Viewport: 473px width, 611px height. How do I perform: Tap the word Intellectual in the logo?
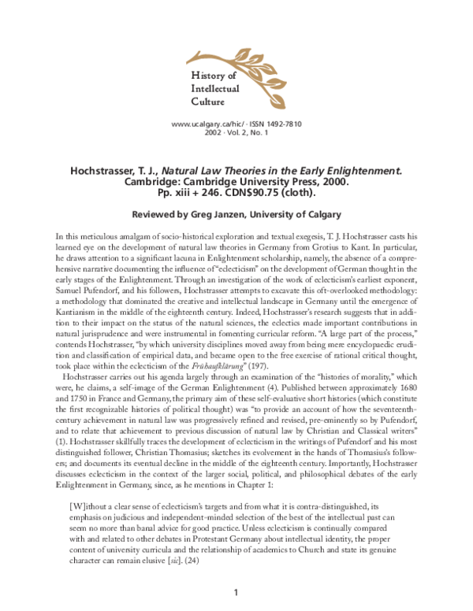218,88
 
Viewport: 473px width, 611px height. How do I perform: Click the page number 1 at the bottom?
236,592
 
